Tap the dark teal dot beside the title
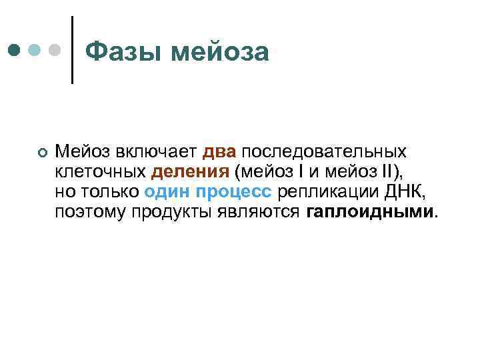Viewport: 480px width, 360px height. click(14, 50)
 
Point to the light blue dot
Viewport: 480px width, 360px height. click(35, 50)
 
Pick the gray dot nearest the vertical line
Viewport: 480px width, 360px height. click(56, 50)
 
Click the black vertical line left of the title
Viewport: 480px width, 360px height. click(71, 50)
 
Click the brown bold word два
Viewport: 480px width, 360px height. click(219, 152)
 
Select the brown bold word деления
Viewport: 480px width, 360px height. click(190, 172)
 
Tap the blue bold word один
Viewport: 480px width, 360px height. click(167, 192)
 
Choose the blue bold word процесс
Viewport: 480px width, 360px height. click(234, 192)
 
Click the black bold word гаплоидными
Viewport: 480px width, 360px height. click(370, 212)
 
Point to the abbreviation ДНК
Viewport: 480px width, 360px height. click(403, 192)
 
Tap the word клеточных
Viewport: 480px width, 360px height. click(99, 172)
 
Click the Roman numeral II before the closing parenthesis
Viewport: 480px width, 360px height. click(387, 172)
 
